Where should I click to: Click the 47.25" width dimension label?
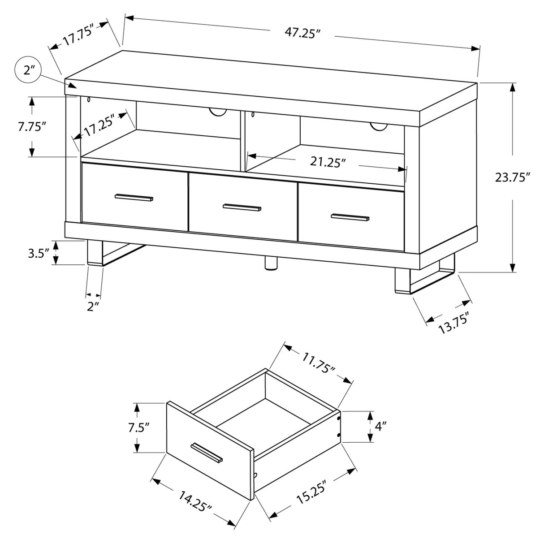click(303, 33)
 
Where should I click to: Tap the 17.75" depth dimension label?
click(78, 36)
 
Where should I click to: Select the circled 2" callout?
click(27, 70)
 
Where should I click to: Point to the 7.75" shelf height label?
click(32, 127)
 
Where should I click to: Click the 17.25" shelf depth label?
click(99, 125)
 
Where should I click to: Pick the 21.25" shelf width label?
click(328, 162)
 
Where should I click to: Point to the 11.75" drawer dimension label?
click(318, 363)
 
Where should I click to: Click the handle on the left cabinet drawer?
click(134, 198)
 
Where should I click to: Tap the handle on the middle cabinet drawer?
click(242, 207)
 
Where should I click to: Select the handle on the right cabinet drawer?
click(350, 217)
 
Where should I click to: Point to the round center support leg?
click(271, 263)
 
